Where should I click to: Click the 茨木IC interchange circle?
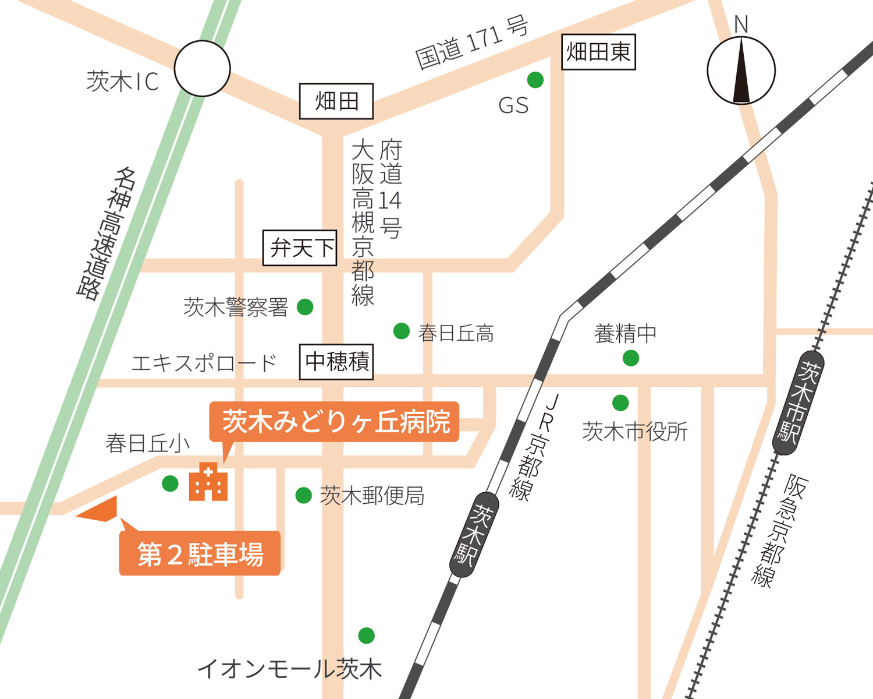pos(203,69)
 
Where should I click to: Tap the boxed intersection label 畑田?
pos(336,101)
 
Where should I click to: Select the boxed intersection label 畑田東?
pos(598,52)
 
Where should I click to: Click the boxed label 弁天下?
pos(300,248)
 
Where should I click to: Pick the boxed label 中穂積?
pos(336,362)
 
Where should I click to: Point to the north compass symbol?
pos(741,70)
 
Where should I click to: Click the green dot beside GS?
pos(535,80)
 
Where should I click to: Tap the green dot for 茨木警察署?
pos(305,307)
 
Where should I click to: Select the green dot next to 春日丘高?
pos(402,331)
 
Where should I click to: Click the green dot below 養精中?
pos(631,358)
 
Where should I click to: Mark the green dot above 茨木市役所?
pos(620,403)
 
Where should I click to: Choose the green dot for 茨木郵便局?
pos(303,495)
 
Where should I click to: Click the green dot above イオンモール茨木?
pos(366,636)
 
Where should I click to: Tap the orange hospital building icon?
pos(208,482)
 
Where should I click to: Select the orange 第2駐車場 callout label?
pos(200,553)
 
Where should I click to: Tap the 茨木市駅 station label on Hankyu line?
pos(798,403)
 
